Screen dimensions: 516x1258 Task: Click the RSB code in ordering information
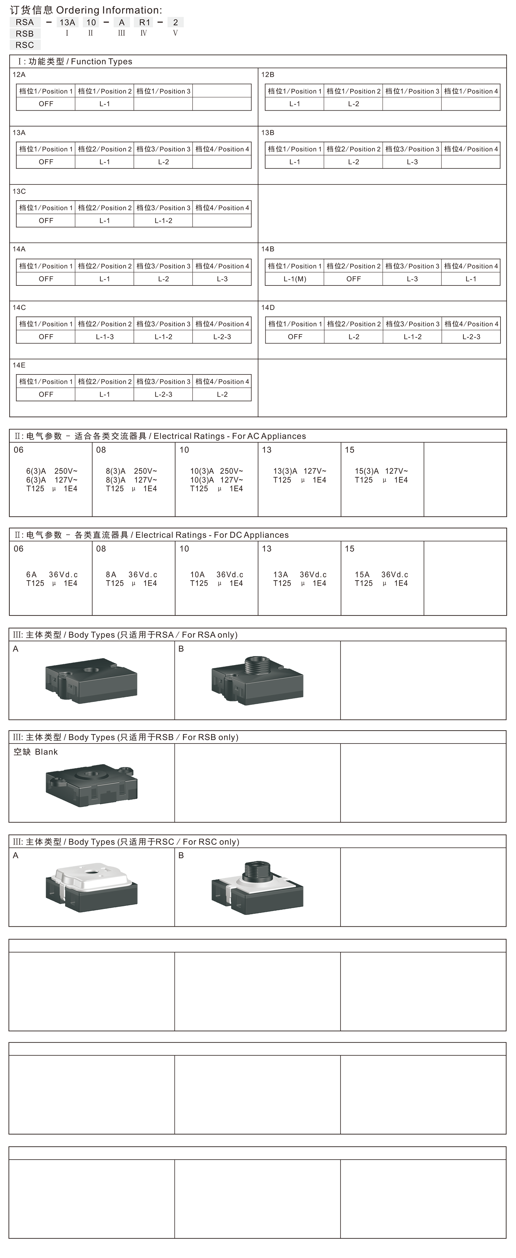pyautogui.click(x=25, y=34)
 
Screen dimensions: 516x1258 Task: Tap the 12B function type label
pyautogui.click(x=268, y=75)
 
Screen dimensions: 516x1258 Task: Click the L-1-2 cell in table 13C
pyautogui.click(x=164, y=221)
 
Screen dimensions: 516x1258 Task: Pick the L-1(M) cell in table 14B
pyautogui.click(x=295, y=279)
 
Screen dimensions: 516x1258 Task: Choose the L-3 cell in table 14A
pyautogui.click(x=222, y=279)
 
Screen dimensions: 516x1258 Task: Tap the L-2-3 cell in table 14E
pyautogui.click(x=164, y=394)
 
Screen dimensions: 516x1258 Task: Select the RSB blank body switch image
pyautogui.click(x=91, y=785)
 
